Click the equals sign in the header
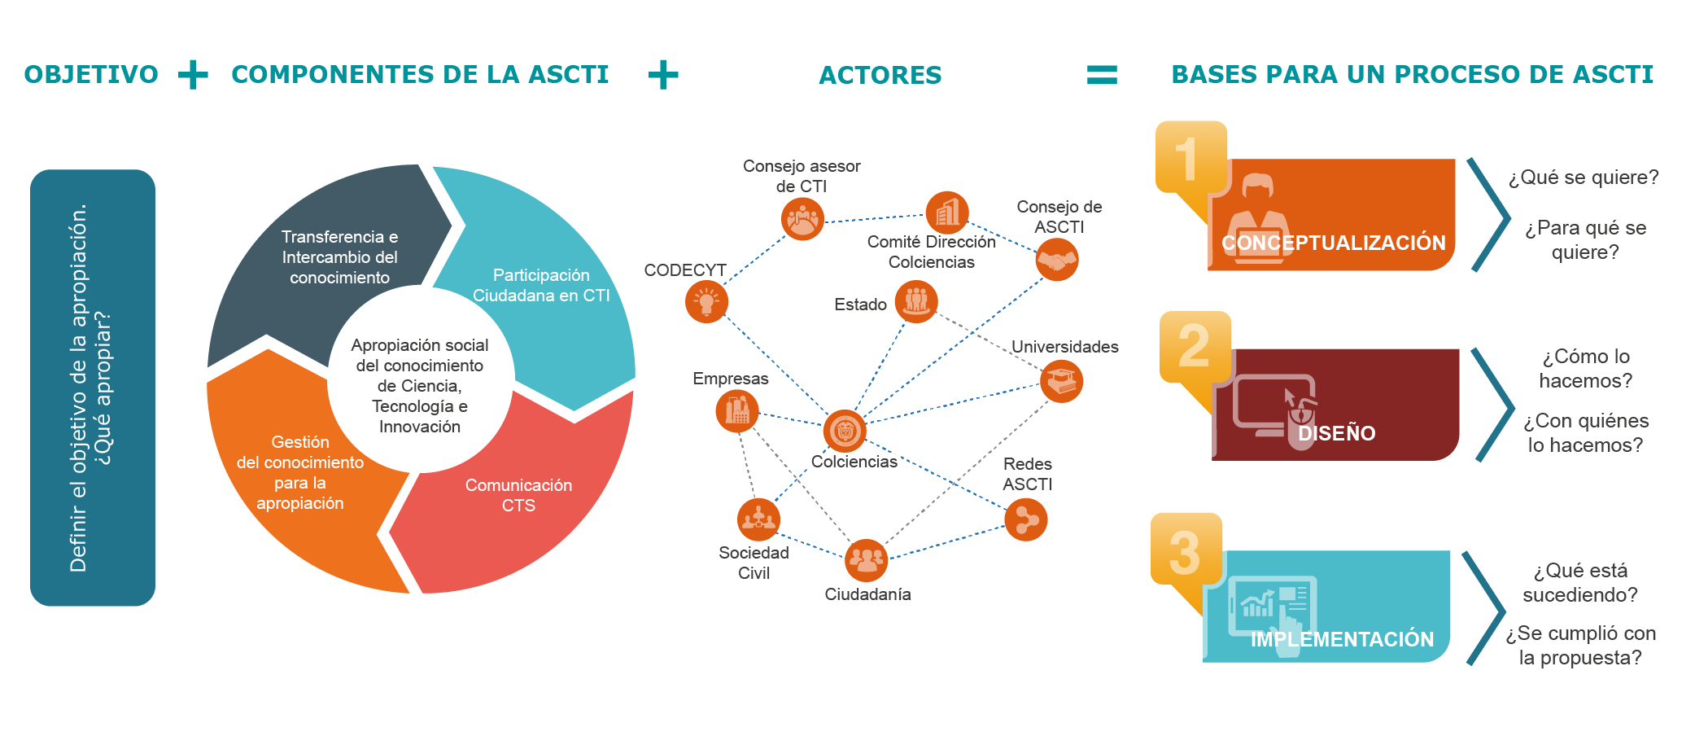click(x=1102, y=75)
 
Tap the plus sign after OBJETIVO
click(x=193, y=75)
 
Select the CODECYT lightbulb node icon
click(x=706, y=302)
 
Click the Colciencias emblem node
click(x=844, y=431)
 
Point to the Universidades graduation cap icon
click(x=1061, y=381)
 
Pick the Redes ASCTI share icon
click(x=1025, y=519)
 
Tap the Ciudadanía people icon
click(x=866, y=560)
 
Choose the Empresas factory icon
click(x=737, y=411)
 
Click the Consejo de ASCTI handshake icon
click(x=1056, y=261)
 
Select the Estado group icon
click(x=916, y=301)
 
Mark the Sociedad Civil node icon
click(x=758, y=519)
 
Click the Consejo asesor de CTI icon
click(x=802, y=219)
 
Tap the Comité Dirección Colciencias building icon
click(x=947, y=213)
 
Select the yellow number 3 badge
click(x=1186, y=550)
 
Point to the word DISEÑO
click(x=1336, y=433)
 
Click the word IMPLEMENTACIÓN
click(x=1342, y=639)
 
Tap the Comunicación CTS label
click(x=518, y=495)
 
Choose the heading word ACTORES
click(x=880, y=75)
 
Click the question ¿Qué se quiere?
click(x=1583, y=177)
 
